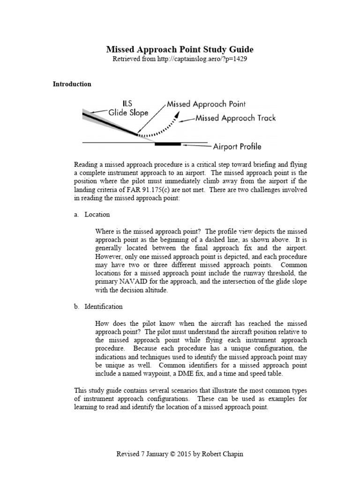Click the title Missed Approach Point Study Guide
click(x=180, y=50)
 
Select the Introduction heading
click(x=72, y=84)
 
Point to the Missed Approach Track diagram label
click(x=235, y=118)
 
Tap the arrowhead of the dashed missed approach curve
click(x=177, y=120)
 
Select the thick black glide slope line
click(x=110, y=124)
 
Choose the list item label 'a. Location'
click(x=91, y=215)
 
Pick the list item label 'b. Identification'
click(x=98, y=307)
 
